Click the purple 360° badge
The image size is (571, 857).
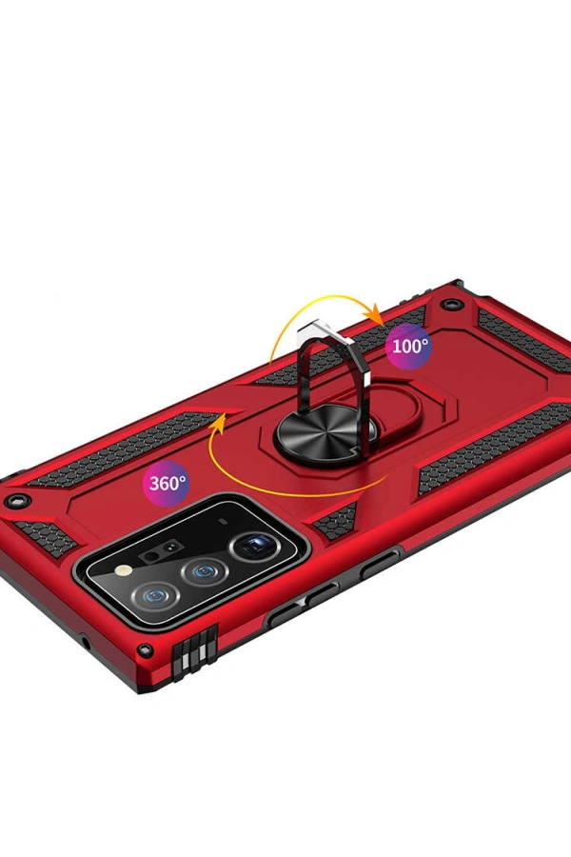[x=167, y=483]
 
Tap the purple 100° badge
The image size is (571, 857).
[x=409, y=346]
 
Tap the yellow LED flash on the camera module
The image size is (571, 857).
[x=125, y=570]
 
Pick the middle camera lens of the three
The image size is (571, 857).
[x=205, y=572]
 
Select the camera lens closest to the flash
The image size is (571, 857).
[x=157, y=597]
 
